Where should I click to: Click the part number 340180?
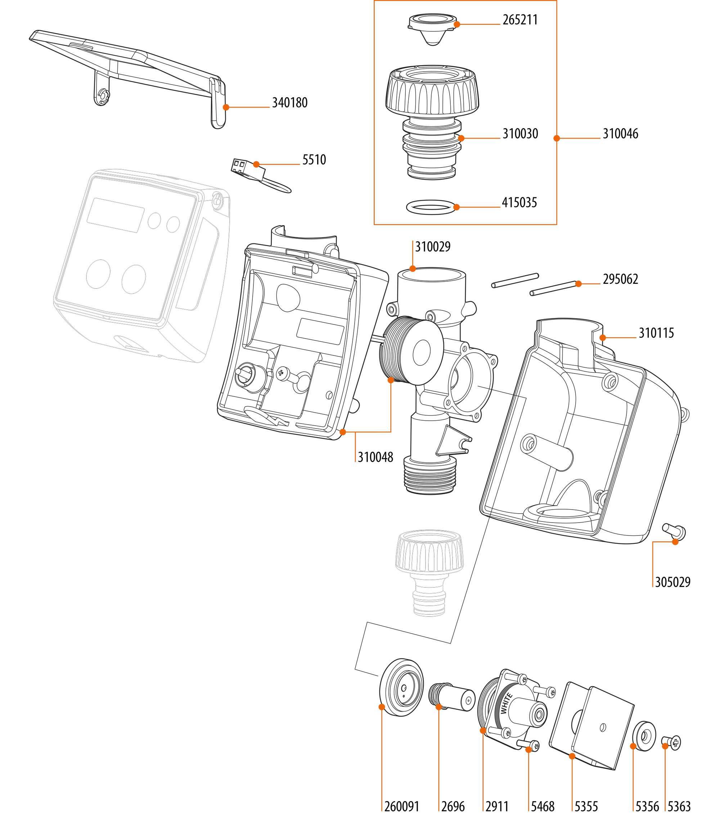(289, 103)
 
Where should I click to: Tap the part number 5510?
(314, 160)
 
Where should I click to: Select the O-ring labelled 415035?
(431, 207)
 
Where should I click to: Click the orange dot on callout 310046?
(557, 138)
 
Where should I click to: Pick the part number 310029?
(433, 247)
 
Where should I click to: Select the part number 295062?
(620, 279)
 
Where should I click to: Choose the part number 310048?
(375, 457)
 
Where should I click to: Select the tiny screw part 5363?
(672, 743)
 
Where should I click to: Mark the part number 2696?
(453, 807)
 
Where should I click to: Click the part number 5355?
(586, 807)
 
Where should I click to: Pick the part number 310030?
(520, 134)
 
